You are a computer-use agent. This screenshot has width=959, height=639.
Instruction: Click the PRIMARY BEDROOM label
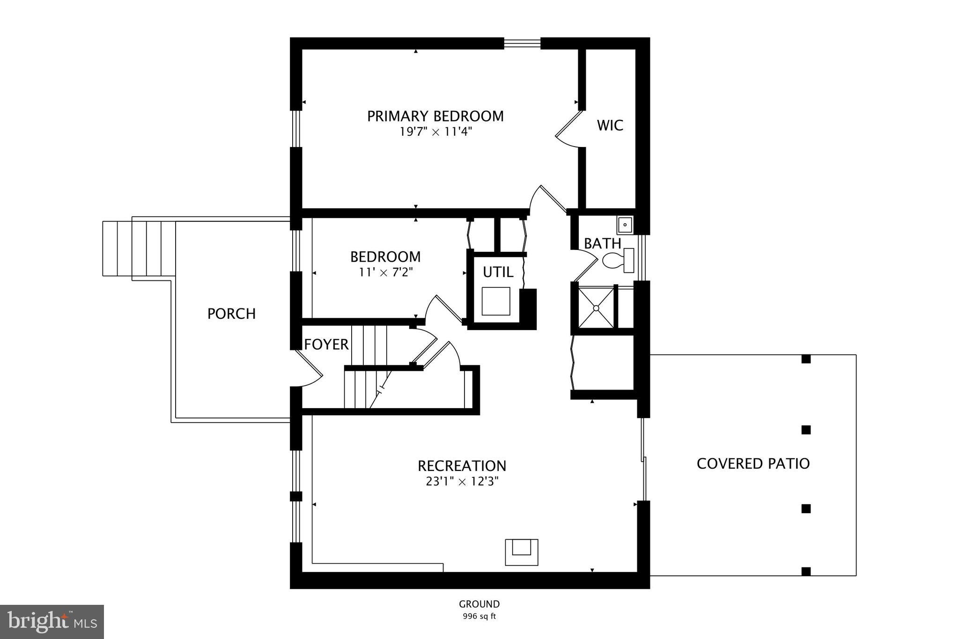[435, 116]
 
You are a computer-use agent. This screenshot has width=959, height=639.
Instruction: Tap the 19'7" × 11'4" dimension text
[435, 132]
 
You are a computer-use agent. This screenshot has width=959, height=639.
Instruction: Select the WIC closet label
[610, 125]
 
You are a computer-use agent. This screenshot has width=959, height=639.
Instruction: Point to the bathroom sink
[625, 225]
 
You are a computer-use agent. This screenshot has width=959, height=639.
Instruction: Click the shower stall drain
[596, 308]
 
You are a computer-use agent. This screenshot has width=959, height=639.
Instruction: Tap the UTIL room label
[498, 272]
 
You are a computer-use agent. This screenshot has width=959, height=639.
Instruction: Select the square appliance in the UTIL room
[495, 301]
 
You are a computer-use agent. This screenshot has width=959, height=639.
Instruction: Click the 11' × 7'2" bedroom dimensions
[385, 272]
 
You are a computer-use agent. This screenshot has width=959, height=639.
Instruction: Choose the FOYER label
[326, 345]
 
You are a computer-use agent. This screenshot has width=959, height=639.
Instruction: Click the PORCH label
[231, 314]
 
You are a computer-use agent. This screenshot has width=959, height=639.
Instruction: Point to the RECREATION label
[462, 466]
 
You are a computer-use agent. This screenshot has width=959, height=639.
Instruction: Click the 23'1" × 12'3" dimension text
[462, 482]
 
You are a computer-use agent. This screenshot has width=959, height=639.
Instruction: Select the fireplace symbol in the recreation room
[521, 552]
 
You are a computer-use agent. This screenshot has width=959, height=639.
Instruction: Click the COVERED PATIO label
[753, 463]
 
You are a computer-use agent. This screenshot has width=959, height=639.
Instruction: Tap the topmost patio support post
[806, 359]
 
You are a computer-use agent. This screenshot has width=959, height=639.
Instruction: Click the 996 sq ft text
[479, 617]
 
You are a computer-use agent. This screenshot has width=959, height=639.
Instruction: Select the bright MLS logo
[52, 622]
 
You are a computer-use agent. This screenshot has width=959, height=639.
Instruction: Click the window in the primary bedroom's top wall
[522, 44]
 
